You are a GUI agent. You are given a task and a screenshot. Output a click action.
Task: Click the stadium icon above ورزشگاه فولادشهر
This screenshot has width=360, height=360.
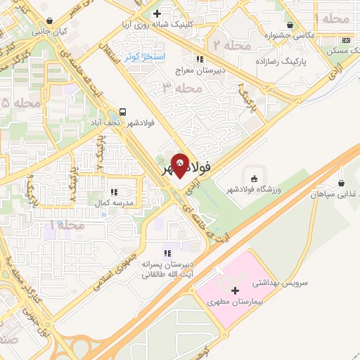[x=253, y=176]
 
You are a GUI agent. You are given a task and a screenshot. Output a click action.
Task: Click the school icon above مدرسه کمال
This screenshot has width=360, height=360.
[x=112, y=191]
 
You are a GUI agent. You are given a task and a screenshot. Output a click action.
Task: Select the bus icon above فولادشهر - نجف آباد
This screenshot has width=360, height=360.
[x=123, y=111]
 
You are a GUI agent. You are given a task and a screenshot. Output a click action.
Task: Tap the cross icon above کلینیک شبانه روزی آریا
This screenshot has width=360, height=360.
[x=157, y=13]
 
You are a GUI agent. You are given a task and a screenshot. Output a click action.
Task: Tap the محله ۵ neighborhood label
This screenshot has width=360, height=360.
[x=15, y=103]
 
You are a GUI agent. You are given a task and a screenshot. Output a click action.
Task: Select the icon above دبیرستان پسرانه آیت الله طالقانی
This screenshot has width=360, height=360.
[x=167, y=253]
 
